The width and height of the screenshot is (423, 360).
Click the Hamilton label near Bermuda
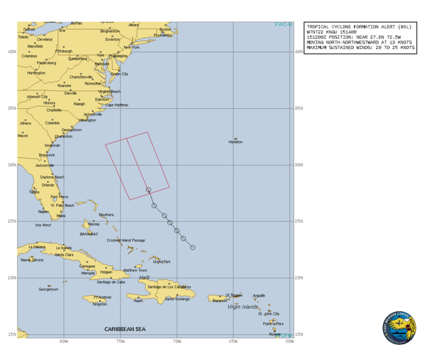pyautogui.click(x=235, y=142)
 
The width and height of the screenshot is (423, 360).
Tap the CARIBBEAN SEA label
pyautogui.click(x=125, y=329)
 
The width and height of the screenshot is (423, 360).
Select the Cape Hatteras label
pyautogui.click(x=117, y=105)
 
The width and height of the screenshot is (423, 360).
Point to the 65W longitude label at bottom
pyautogui.click(x=233, y=341)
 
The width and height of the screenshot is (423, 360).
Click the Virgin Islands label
pyautogui.click(x=242, y=307)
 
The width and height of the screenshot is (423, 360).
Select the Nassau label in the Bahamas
pyautogui.click(x=94, y=224)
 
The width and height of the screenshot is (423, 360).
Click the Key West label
pyautogui.click(x=43, y=225)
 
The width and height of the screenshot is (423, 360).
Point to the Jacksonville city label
pyautogui.click(x=45, y=165)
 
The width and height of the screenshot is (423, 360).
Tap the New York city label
pyautogui.click(x=131, y=47)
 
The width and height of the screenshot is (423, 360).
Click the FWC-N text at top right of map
pyautogui.click(x=283, y=25)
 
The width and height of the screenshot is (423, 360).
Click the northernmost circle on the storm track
pyautogui.click(x=149, y=190)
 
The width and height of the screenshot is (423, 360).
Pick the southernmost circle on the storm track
pyautogui.click(x=192, y=247)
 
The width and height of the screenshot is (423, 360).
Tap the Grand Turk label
pyautogui.click(x=162, y=262)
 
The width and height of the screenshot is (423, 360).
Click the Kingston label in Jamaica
pyautogui.click(x=100, y=304)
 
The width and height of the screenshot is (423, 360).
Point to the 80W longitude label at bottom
pyautogui.click(x=64, y=341)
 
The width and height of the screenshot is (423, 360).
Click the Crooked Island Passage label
pyautogui.click(x=126, y=241)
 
